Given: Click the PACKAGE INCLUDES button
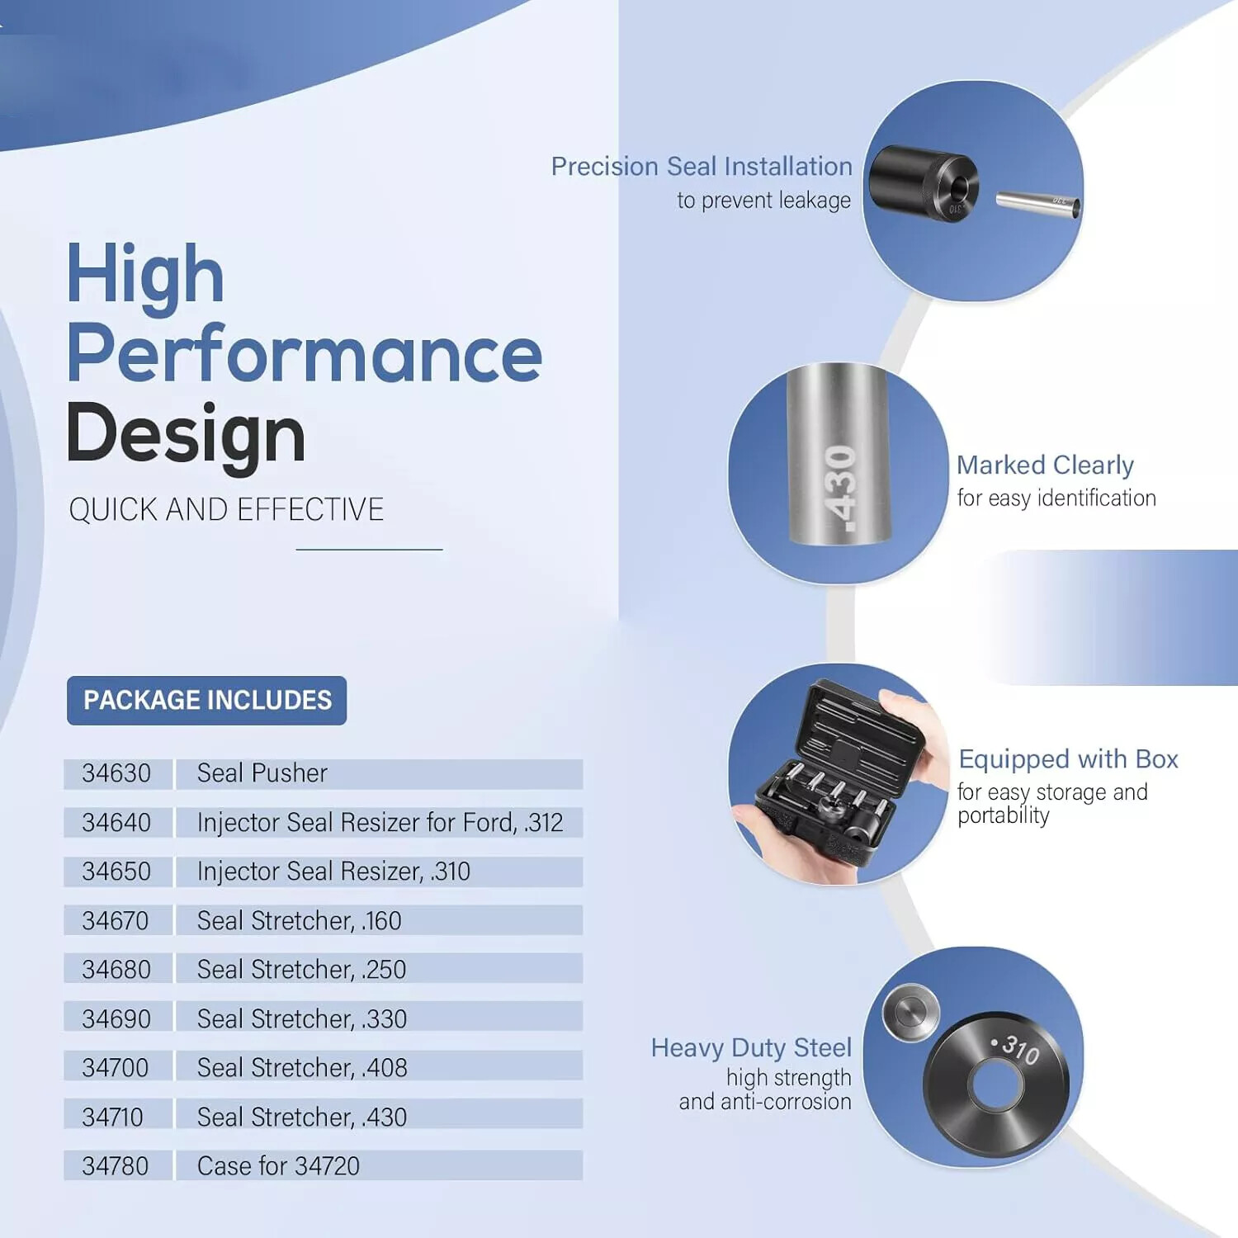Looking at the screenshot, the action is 206,701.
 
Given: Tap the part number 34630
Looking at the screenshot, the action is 116,773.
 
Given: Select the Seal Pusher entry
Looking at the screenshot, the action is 262,773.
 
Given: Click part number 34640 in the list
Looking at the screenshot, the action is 116,823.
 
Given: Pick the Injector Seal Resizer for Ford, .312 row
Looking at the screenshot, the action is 380,823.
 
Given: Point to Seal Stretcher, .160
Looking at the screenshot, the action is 300,920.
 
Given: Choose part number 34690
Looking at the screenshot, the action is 116,1018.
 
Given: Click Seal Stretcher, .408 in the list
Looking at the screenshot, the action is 302,1068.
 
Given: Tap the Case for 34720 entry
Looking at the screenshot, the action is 279,1166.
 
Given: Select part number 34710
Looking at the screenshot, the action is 113,1117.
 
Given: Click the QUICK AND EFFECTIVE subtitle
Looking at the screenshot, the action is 227,510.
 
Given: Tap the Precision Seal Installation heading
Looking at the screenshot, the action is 702,167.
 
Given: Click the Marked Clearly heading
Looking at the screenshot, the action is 1046,465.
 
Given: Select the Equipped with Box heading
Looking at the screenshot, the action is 1069,759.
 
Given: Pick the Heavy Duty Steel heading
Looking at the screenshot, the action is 751,1048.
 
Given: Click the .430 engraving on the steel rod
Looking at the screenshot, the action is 839,487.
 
